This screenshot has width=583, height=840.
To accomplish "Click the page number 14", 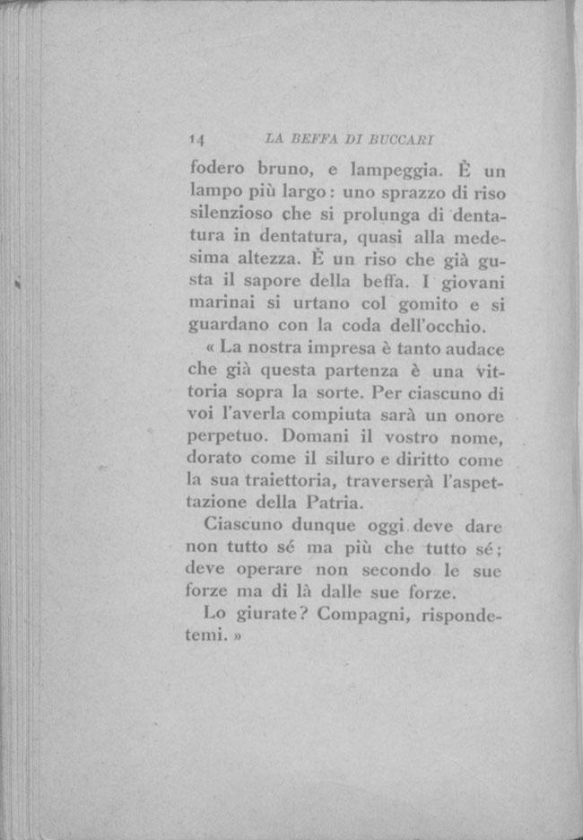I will click(198, 139).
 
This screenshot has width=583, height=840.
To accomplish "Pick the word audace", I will click(473, 347).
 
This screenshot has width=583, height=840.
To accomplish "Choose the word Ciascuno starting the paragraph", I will click(242, 526).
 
